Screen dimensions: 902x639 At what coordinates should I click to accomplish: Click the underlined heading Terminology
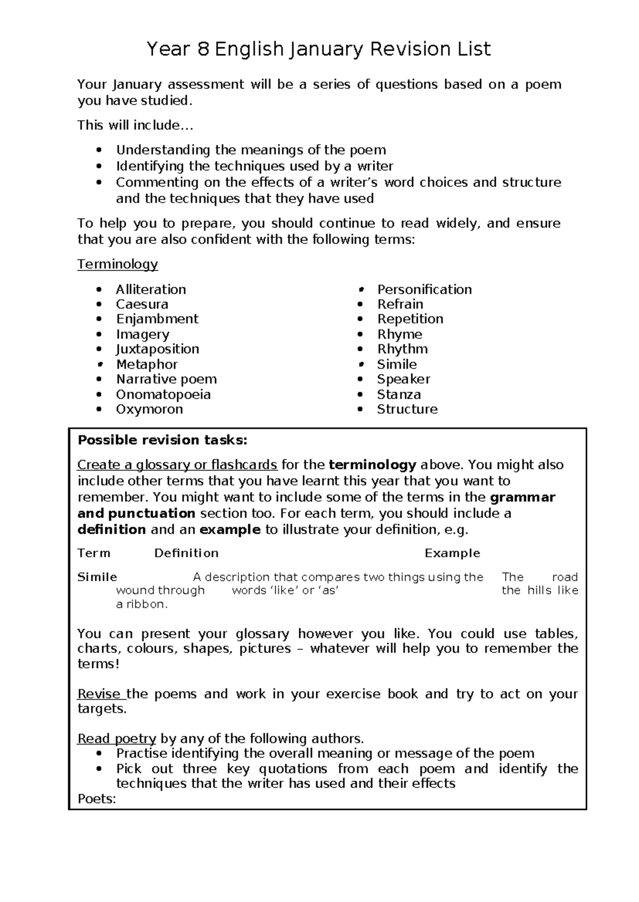[117, 264]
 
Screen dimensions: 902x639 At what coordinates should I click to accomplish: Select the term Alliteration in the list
[151, 289]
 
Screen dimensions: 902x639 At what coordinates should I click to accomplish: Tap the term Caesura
[142, 304]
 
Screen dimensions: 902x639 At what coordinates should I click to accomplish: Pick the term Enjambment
[157, 319]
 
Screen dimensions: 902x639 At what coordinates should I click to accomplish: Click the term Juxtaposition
[157, 349]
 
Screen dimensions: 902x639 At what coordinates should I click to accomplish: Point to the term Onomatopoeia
[163, 395]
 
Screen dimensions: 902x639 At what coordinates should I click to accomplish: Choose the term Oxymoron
[149, 410]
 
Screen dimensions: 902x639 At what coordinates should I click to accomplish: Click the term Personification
[424, 289]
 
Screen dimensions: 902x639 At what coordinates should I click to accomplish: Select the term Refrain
[400, 304]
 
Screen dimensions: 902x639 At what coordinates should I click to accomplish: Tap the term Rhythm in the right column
[402, 349]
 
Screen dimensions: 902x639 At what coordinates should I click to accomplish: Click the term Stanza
[398, 395]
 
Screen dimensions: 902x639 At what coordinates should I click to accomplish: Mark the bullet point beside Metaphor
[99, 365]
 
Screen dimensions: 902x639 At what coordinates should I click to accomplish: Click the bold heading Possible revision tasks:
[162, 440]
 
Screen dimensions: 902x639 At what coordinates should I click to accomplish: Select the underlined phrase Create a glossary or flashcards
[177, 465]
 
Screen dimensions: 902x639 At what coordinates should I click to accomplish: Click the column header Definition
[186, 553]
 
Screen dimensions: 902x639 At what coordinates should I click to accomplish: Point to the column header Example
[452, 553]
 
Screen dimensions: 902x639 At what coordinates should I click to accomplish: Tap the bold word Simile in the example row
[97, 577]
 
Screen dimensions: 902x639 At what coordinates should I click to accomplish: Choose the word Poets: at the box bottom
[96, 799]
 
